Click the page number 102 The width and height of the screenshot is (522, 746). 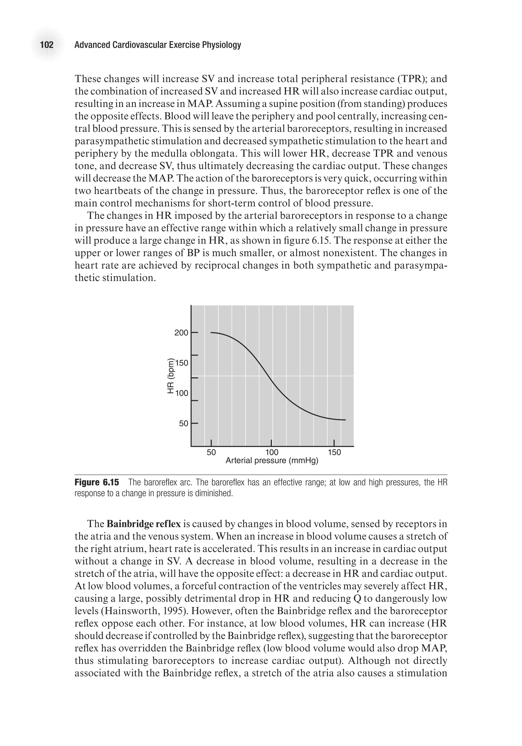click(x=46, y=45)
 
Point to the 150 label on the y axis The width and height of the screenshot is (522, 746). click(x=182, y=363)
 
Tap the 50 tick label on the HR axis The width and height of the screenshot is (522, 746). click(x=183, y=423)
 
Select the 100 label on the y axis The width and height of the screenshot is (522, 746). click(x=182, y=393)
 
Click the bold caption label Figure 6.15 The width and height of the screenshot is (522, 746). click(x=97, y=482)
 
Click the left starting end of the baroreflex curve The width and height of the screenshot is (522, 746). click(x=212, y=333)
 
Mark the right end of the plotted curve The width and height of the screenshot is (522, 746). click(x=345, y=420)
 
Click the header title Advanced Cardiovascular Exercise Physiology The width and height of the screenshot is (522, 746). click(x=158, y=45)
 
